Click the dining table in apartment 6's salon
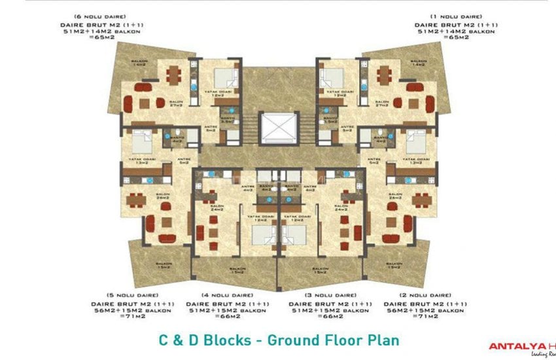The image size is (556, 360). click(173, 75)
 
